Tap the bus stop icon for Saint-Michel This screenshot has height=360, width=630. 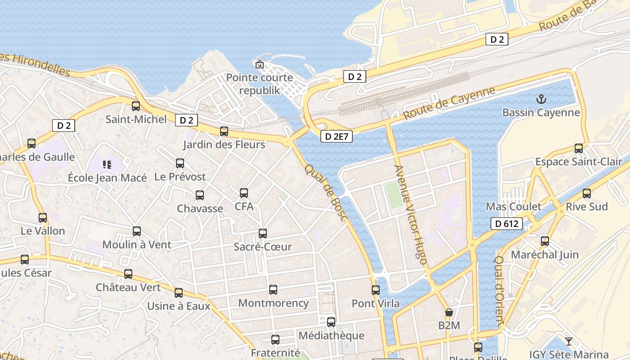[x=136, y=106]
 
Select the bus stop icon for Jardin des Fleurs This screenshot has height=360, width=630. [x=224, y=131]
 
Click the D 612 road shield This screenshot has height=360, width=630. [x=507, y=224]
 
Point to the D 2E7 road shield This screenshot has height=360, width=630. [x=337, y=136]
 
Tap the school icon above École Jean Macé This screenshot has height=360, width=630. [x=107, y=165]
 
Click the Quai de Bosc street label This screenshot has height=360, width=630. [x=326, y=193]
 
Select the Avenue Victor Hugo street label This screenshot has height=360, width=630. [x=410, y=211]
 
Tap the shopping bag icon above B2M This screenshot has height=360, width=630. [x=449, y=312]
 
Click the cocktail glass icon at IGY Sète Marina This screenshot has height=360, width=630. [x=569, y=342]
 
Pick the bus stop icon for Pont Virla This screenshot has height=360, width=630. [x=376, y=290]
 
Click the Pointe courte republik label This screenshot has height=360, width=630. [x=260, y=84]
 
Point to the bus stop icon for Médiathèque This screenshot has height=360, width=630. [x=331, y=322]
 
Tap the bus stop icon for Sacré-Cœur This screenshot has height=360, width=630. [x=263, y=234]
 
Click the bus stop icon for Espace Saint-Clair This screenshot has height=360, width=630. [x=579, y=148]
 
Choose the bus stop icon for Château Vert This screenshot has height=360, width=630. [x=128, y=274]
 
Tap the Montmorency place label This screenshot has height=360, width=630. [x=273, y=303]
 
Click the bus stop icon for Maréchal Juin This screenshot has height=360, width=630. [x=545, y=241]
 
